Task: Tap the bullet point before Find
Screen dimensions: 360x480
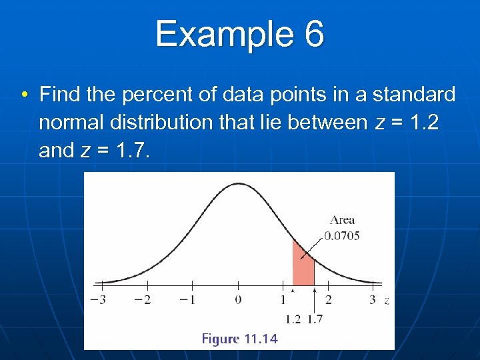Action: coord(25,95)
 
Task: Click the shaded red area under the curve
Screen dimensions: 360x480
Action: coord(303,267)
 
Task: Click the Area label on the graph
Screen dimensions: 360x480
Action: coord(342,220)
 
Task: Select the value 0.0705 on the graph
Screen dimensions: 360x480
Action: coord(342,235)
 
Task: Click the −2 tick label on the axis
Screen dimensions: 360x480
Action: coord(143,300)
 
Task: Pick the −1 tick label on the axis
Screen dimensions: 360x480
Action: coord(189,300)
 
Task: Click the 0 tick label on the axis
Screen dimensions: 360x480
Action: coord(238,300)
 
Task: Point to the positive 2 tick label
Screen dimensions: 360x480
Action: coord(328,300)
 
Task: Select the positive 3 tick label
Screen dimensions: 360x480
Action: coord(373,300)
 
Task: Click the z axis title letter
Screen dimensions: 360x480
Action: coord(387,301)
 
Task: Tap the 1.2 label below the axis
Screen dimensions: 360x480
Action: coord(293,319)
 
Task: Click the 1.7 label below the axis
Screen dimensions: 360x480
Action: coord(315,319)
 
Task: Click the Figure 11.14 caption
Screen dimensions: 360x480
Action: coord(239,339)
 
